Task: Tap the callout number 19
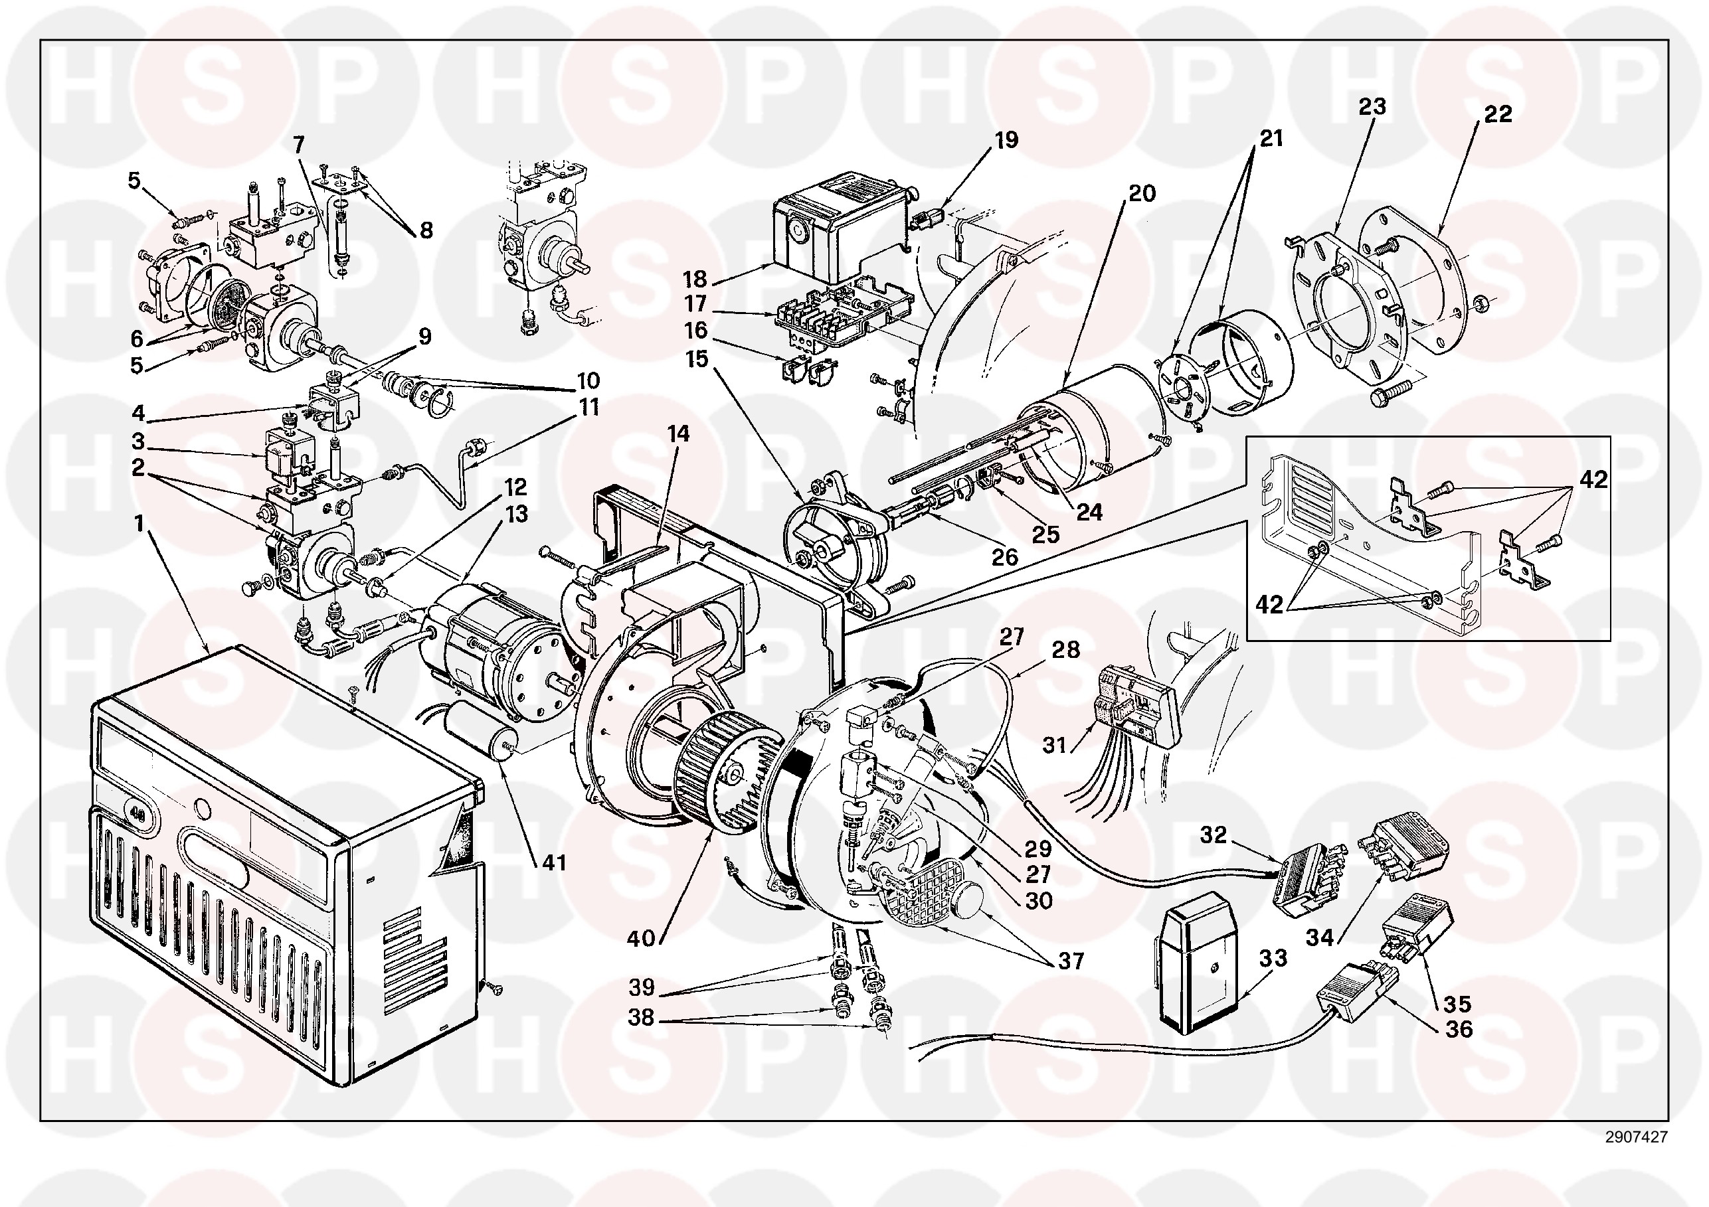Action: (1006, 140)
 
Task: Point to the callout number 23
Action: (1372, 106)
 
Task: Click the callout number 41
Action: (554, 862)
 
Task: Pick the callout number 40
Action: (640, 938)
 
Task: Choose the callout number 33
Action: (1273, 958)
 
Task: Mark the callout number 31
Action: (1055, 745)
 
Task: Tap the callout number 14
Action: (678, 433)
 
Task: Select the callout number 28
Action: (1065, 649)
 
